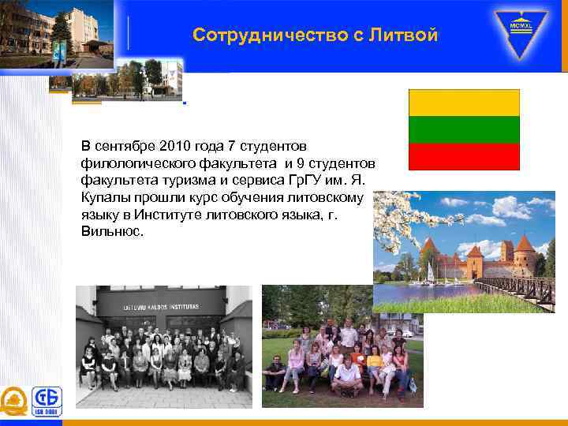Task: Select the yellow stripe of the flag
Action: coord(464,103)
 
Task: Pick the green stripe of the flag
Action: coord(464,129)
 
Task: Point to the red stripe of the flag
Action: coord(464,155)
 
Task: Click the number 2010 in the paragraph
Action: coord(174,146)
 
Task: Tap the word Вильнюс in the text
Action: coord(112,232)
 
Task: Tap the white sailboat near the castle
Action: coord(431,271)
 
